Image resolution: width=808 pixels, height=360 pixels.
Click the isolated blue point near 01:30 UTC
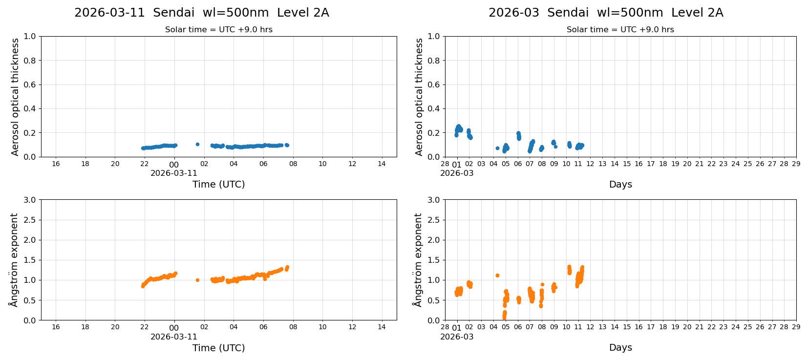pyautogui.click(x=197, y=145)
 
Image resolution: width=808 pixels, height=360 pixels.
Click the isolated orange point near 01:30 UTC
pyautogui.click(x=197, y=280)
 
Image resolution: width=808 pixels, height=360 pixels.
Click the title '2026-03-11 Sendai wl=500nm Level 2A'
pyautogui.click(x=201, y=13)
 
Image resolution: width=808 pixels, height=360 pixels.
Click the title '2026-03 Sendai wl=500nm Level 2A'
pyautogui.click(x=605, y=13)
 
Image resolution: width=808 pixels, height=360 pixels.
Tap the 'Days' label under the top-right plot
pyautogui.click(x=620, y=184)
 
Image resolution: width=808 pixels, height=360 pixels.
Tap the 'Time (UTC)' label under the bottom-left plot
pyautogui.click(x=218, y=348)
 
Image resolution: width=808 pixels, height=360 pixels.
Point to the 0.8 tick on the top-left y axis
pyautogui.click(x=30, y=61)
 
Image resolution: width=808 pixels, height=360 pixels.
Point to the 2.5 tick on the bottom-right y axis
pyautogui.click(x=433, y=220)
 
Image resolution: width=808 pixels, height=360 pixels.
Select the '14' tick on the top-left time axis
pyautogui.click(x=382, y=164)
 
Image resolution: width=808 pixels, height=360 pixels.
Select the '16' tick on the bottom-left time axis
pyautogui.click(x=56, y=327)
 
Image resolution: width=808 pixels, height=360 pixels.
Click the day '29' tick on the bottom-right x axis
pyautogui.click(x=796, y=327)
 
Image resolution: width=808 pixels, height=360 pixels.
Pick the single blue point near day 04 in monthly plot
pyautogui.click(x=497, y=148)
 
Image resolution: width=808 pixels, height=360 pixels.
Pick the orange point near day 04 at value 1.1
pyautogui.click(x=497, y=275)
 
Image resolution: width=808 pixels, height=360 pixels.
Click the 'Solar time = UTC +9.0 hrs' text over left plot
pyautogui.click(x=218, y=30)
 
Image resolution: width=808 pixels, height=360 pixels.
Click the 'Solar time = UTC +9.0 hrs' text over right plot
pyautogui.click(x=620, y=30)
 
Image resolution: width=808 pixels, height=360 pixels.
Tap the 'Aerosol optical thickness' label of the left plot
pyautogui.click(x=15, y=97)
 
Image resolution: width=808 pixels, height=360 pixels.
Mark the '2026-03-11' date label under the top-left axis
pyautogui.click(x=173, y=173)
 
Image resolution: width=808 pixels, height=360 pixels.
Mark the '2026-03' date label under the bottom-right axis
pyautogui.click(x=456, y=337)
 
